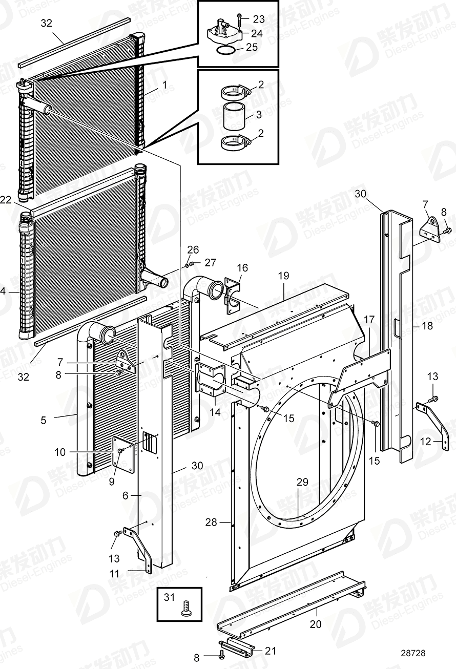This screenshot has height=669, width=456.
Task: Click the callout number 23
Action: coord(259,19)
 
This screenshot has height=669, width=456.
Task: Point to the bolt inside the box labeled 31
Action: coord(185,609)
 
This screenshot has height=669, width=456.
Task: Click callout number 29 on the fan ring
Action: coord(303,482)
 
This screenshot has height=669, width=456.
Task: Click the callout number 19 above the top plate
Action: coord(284,276)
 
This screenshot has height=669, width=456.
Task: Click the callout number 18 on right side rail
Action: coord(427,326)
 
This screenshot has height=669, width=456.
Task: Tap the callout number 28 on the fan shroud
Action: coord(211,522)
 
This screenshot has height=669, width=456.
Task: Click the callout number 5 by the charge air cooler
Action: coord(44,420)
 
